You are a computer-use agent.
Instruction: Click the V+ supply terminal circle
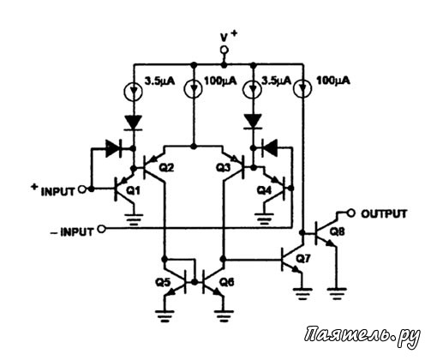[x=224, y=51]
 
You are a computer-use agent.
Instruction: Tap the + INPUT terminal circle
[x=82, y=189]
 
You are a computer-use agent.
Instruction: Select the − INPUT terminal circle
[x=101, y=229]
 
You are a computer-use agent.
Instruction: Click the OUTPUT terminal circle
[x=350, y=213]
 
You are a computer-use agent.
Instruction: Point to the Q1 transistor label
[x=134, y=190]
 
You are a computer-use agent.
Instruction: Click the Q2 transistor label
[x=166, y=168]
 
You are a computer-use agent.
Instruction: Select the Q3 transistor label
[x=223, y=168]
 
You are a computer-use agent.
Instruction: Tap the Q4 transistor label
[x=264, y=190]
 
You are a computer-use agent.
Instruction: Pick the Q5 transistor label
[x=163, y=283]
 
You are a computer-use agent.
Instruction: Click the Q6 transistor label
[x=227, y=282]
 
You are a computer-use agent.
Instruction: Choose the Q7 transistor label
[x=303, y=259]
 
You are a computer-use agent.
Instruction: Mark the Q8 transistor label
[x=338, y=231]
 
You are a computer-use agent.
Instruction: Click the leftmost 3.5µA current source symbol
[x=134, y=91]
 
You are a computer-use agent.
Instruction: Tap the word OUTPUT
[x=384, y=213]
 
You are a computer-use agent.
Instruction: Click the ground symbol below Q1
[x=134, y=219]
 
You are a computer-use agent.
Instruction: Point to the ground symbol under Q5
[x=165, y=316]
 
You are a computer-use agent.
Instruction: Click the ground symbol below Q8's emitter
[x=337, y=294]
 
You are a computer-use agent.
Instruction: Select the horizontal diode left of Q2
[x=114, y=148]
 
